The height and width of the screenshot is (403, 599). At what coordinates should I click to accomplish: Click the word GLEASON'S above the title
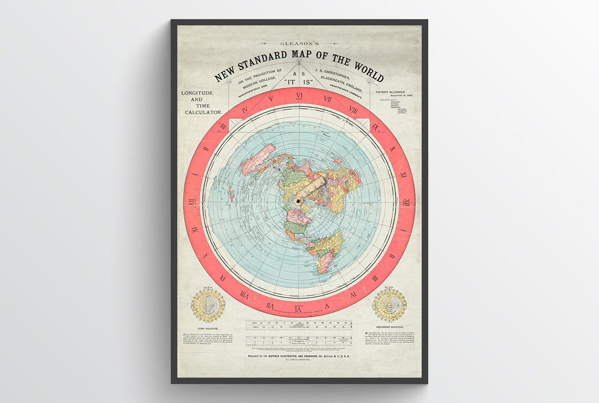point(299,44)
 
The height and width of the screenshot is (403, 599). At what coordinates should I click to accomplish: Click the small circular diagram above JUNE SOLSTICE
point(208,305)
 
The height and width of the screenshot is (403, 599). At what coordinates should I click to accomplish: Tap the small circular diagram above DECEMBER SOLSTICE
point(390,305)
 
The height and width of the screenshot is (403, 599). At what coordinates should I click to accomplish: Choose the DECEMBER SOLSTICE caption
point(390,328)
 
